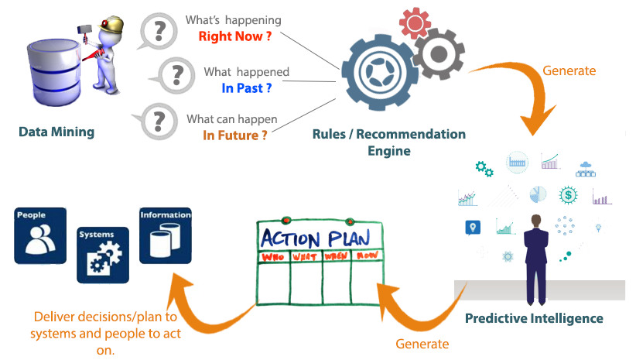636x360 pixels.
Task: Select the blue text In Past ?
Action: (247, 88)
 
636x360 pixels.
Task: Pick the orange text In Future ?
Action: (235, 135)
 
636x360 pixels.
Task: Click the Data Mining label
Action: (56, 132)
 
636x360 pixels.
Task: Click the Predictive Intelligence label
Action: (534, 318)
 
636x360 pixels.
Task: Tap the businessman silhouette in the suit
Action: (535, 255)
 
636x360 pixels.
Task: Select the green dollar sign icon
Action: (569, 194)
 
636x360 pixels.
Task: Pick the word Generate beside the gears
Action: (569, 70)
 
